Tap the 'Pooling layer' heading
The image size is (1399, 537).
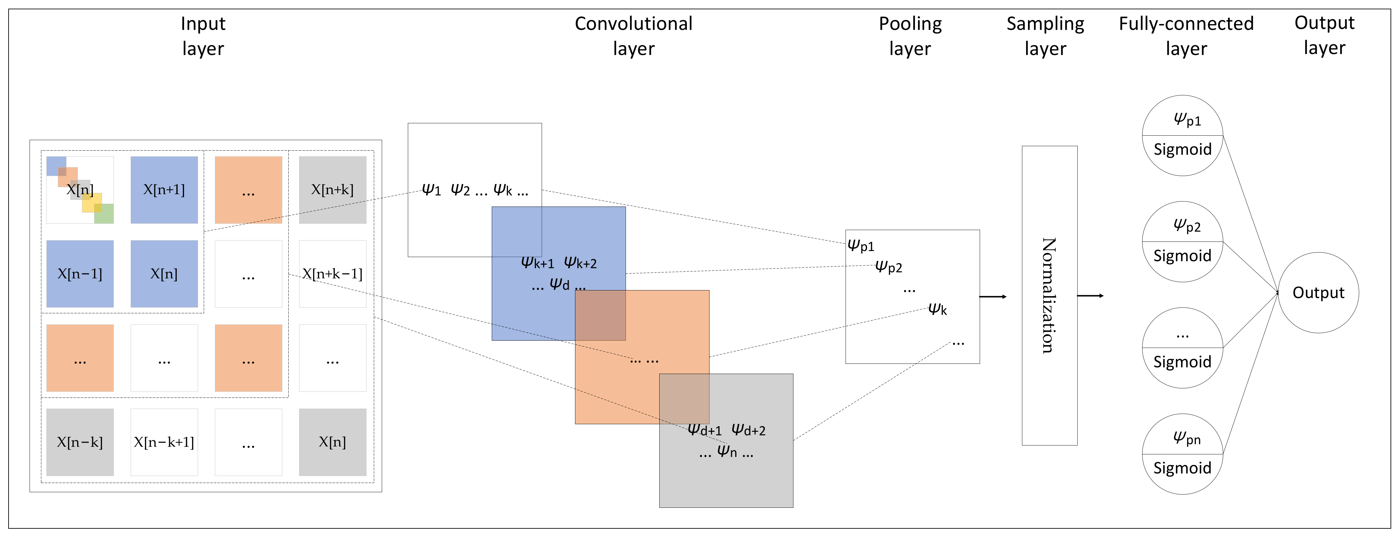910,36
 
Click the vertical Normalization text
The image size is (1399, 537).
1049,296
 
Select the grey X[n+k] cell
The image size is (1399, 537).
333,190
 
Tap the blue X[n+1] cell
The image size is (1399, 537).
164,190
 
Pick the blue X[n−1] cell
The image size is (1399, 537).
80,274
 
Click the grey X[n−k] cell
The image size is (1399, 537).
80,442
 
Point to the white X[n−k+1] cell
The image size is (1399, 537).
164,442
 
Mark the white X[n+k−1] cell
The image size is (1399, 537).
333,274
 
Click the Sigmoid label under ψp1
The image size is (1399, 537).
1182,149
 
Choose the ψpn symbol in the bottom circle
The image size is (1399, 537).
1187,438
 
